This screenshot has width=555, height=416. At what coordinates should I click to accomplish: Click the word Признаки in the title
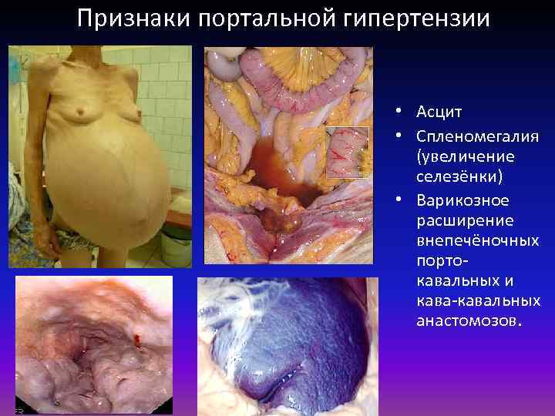(x=132, y=18)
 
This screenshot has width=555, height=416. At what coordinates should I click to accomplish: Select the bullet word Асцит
(x=439, y=112)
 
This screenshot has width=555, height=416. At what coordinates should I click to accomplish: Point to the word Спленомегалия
(x=476, y=136)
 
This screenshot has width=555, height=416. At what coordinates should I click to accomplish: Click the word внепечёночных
(x=476, y=241)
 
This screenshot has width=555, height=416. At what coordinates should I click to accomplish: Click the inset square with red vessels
(x=347, y=152)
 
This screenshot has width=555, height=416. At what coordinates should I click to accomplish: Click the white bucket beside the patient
(x=177, y=250)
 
